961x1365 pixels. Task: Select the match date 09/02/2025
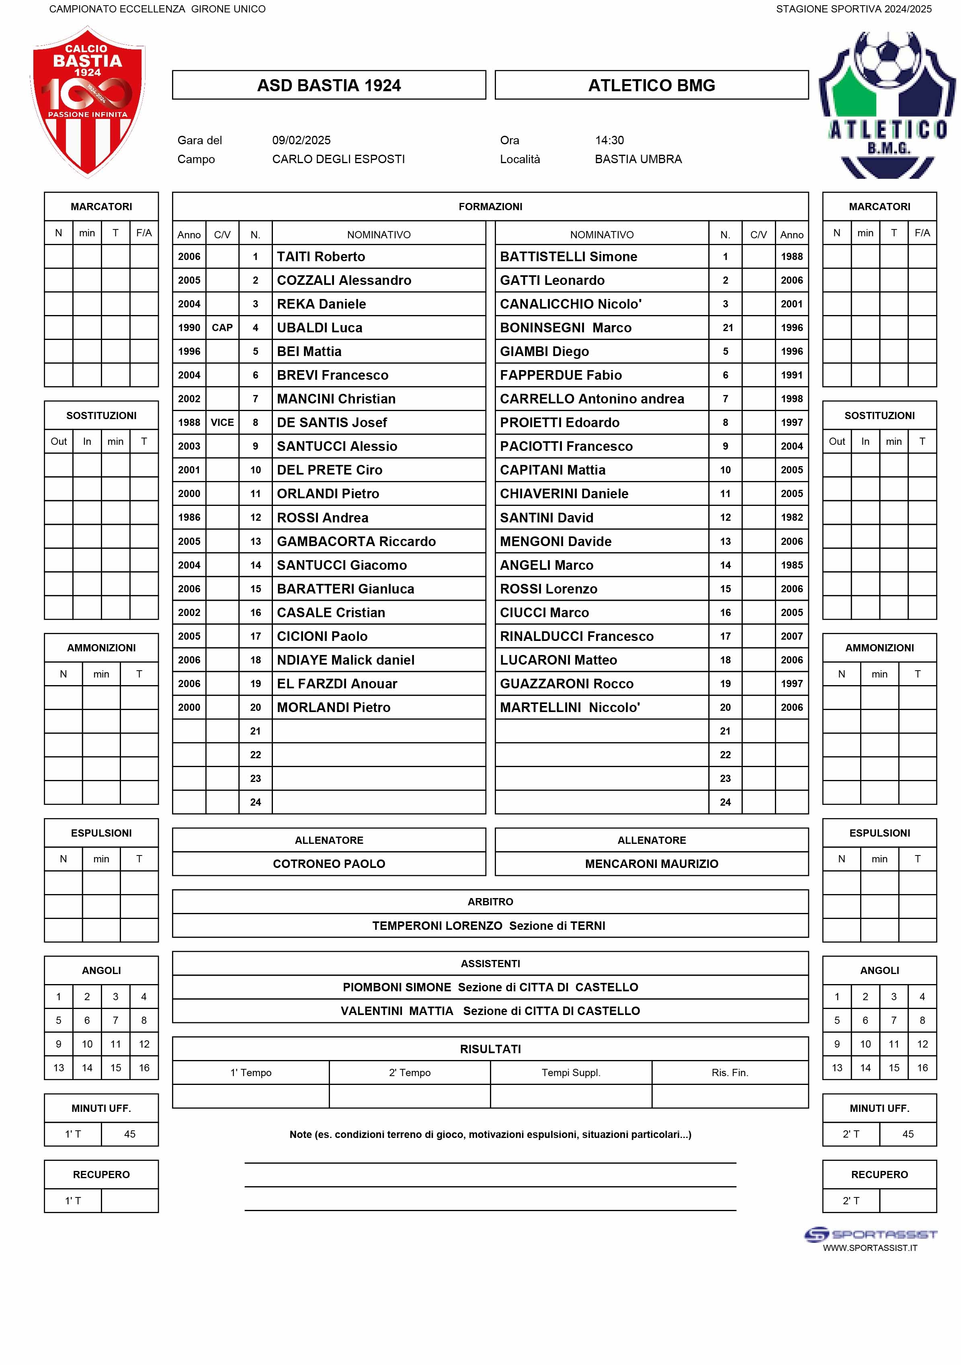point(301,140)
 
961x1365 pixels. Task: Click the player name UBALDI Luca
point(320,327)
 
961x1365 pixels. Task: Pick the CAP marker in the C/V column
point(222,327)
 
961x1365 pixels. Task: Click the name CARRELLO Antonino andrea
point(592,399)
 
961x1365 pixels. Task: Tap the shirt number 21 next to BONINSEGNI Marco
point(727,327)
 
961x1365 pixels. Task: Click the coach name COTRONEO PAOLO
point(329,864)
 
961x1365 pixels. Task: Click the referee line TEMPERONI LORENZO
point(437,926)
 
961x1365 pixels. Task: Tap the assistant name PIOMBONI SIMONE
point(397,987)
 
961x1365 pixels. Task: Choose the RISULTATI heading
point(490,1049)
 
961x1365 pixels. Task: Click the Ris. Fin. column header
point(729,1073)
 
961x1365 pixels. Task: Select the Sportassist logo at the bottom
point(870,1235)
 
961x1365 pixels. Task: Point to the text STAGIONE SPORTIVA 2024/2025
point(853,9)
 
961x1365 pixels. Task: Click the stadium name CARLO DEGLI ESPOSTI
point(338,160)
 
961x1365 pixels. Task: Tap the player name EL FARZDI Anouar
point(336,684)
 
